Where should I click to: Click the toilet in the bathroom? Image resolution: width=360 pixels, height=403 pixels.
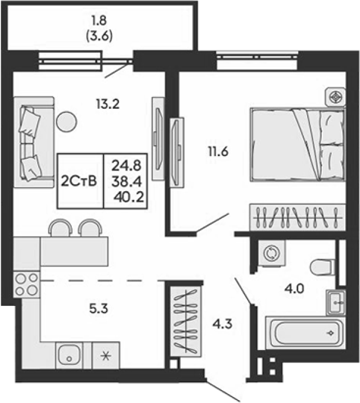(x=322, y=267)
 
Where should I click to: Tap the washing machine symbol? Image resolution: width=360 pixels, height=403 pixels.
(x=272, y=254)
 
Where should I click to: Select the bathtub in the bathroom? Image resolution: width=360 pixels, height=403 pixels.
(x=305, y=333)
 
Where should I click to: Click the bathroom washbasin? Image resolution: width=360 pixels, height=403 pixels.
(x=336, y=302)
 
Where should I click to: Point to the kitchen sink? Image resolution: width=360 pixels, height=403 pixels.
(x=69, y=355)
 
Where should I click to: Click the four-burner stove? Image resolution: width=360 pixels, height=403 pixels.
(x=26, y=284)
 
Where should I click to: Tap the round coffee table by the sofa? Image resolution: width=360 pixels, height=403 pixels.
(x=66, y=122)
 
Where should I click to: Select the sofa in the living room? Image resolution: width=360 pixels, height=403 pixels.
(x=34, y=142)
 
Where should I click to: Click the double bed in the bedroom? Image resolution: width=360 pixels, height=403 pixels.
(x=298, y=145)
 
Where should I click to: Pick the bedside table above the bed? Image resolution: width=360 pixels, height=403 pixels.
(x=335, y=97)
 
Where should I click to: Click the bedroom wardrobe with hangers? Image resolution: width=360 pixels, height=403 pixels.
(x=298, y=217)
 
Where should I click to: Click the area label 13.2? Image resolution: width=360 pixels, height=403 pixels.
(x=108, y=104)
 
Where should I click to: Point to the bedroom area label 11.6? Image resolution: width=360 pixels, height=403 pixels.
(x=218, y=152)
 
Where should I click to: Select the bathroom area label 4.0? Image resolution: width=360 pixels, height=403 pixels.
(x=294, y=289)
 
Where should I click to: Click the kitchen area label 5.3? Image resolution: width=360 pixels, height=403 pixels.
(x=99, y=308)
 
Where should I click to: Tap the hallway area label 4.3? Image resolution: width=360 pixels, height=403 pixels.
(x=222, y=324)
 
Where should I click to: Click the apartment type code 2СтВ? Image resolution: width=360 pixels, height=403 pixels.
(x=79, y=181)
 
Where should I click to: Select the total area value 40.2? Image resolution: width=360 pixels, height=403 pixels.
(x=128, y=197)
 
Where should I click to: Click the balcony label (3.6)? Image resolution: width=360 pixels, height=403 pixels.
(x=99, y=36)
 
